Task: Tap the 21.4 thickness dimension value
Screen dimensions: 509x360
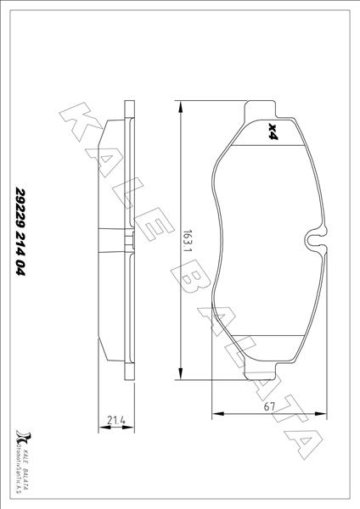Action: click(x=117, y=418)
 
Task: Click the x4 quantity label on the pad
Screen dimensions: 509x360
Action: click(x=272, y=131)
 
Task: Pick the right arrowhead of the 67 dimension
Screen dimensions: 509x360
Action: click(x=325, y=414)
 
